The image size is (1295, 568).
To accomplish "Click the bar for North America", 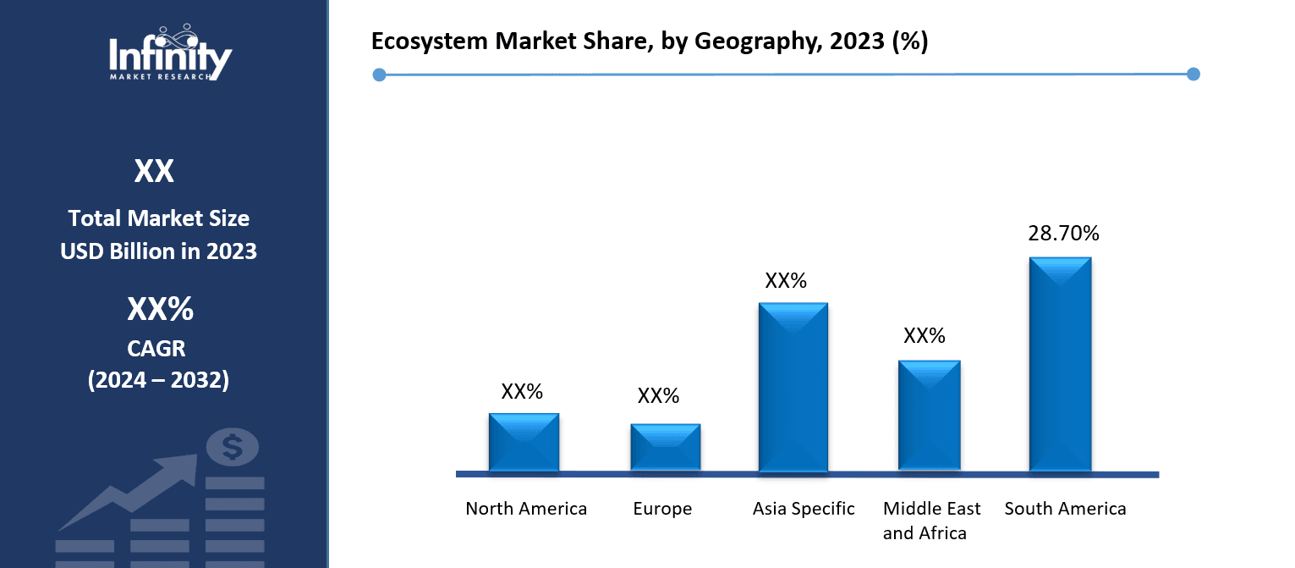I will [524, 442].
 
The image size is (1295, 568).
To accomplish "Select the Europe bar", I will [665, 447].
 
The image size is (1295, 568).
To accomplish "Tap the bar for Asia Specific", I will [793, 387].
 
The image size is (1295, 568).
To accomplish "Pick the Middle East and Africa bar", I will [929, 416].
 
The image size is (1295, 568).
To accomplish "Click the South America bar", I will [1060, 364].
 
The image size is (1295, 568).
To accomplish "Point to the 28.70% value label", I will [1063, 234].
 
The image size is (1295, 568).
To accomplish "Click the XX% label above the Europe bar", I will [658, 396].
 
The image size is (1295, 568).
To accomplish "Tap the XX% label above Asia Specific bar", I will [786, 281].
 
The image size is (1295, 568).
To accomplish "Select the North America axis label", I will [526, 509].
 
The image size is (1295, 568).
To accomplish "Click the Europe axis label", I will [662, 509].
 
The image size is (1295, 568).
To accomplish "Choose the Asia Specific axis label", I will [804, 509].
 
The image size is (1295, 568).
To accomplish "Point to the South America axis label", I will [1065, 509].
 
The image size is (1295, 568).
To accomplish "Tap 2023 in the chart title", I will [856, 42].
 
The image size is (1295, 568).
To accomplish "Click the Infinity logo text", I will [170, 58].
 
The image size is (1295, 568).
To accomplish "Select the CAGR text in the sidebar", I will [158, 348].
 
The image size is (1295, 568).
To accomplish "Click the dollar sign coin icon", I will [233, 447].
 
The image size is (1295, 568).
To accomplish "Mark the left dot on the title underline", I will [379, 75].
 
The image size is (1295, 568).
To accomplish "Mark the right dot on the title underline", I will [1193, 74].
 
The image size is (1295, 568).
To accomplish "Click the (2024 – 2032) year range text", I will [158, 380].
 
